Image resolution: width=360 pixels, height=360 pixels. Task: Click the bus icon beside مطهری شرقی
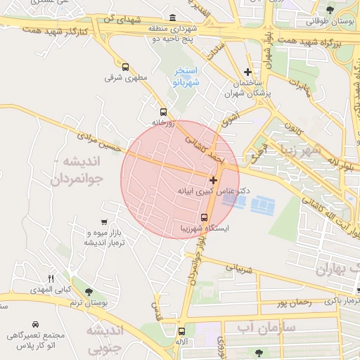[x=125, y=67]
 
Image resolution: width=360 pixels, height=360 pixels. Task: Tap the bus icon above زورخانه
[x=163, y=112]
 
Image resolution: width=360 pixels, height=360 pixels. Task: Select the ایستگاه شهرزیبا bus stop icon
[x=204, y=217]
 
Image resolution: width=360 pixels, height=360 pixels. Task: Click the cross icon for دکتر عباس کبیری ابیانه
[x=214, y=181]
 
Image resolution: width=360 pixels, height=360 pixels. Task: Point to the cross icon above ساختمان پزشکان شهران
[x=247, y=72]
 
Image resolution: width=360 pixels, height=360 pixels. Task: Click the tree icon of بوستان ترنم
[x=87, y=292]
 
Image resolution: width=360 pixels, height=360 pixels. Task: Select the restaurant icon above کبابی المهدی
[x=50, y=279]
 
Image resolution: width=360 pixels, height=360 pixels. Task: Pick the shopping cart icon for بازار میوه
[x=105, y=222]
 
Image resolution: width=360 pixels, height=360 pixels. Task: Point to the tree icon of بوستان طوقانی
[x=330, y=9]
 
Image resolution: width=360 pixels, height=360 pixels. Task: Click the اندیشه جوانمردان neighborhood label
[x=77, y=170]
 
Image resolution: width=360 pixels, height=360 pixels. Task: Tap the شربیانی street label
[x=238, y=268]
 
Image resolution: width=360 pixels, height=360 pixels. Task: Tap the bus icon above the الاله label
[x=182, y=331]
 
